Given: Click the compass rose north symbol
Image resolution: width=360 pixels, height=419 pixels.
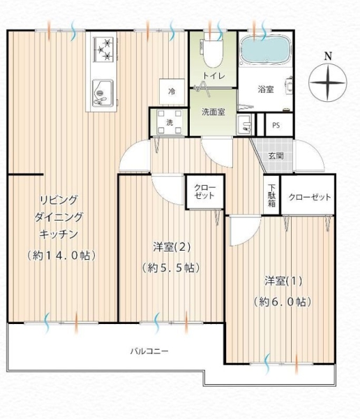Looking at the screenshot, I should (x=327, y=82).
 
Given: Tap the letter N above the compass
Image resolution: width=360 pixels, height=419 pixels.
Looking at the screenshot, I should (x=327, y=55).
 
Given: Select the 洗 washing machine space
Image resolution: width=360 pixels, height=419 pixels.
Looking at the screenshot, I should (x=169, y=123).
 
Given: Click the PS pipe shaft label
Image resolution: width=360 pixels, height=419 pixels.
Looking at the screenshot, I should (x=276, y=126).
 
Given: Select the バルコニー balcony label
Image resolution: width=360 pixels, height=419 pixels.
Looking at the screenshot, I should (x=149, y=351).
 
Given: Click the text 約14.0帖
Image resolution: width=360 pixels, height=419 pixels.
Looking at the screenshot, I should (x=61, y=255).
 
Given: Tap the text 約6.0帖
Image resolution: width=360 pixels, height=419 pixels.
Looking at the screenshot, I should (x=282, y=302).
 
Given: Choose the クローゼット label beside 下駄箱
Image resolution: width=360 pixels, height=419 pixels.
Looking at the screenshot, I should (x=309, y=198).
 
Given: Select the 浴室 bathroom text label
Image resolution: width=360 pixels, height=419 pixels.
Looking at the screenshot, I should (x=265, y=89).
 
